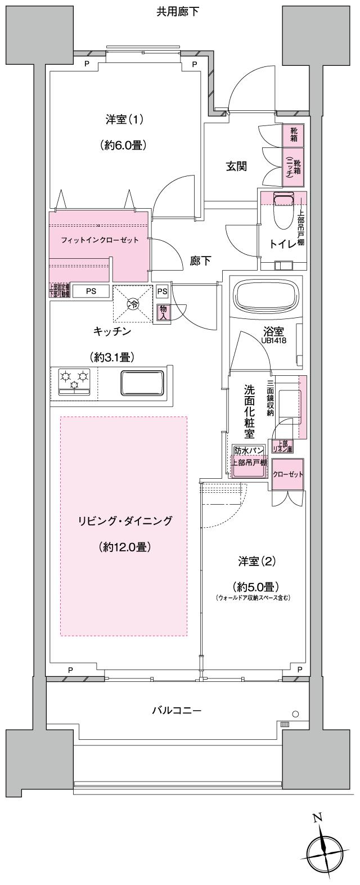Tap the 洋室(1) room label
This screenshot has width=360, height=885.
tap(124, 119)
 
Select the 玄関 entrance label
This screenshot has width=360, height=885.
tap(237, 166)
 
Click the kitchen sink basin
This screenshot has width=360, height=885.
tap(142, 384)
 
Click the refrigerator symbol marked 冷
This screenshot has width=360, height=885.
tap(134, 305)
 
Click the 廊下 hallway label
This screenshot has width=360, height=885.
tap(200, 261)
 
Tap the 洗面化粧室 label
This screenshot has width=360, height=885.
tap(249, 412)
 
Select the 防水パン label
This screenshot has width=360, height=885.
tap(249, 451)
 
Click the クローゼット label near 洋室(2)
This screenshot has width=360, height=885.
tap(288, 474)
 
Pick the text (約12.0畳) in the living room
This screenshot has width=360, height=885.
tap(124, 546)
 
